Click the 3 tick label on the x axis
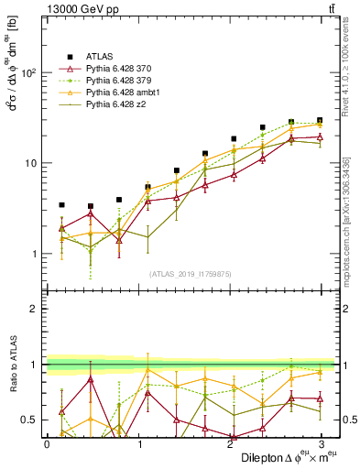(322, 443)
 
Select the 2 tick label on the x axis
(230, 443)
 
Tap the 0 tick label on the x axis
(47, 443)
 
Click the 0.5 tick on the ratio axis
(30, 420)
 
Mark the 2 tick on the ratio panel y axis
(35, 309)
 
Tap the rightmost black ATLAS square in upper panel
(320, 120)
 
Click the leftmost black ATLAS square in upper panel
(61, 205)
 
